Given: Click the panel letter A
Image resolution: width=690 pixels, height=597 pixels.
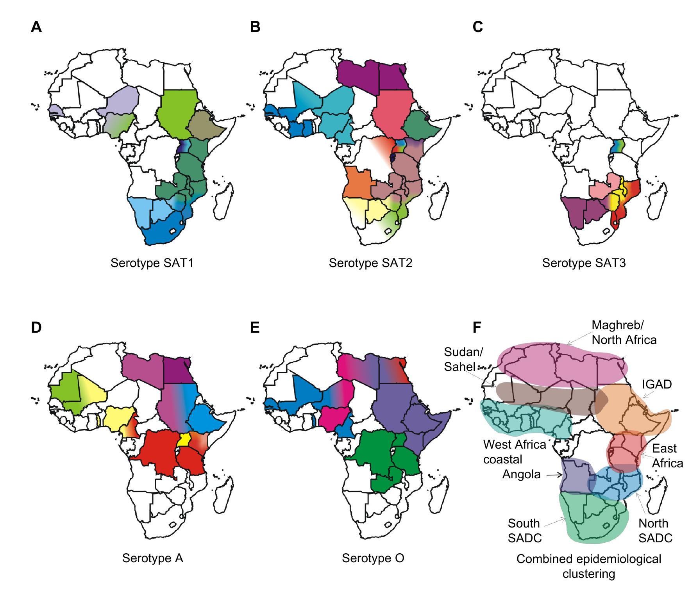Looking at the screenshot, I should click(36, 27).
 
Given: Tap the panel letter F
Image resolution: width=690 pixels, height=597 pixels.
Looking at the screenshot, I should click(477, 328).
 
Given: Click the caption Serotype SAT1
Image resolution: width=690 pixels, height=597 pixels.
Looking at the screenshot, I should click(152, 263).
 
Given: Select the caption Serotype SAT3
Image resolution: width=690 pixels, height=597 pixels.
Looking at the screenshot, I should click(584, 263).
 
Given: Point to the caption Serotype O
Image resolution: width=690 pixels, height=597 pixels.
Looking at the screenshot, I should click(373, 558).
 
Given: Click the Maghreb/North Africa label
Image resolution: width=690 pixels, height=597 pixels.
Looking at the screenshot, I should click(624, 332).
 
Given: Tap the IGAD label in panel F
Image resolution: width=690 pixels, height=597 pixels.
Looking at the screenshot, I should click(657, 384).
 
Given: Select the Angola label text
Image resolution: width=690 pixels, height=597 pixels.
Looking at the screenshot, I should click(522, 474).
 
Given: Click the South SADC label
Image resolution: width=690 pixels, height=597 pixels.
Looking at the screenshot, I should click(524, 530).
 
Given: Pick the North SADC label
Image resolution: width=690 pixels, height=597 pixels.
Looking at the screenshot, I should click(655, 530).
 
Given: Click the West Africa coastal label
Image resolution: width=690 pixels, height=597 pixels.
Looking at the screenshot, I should click(514, 452).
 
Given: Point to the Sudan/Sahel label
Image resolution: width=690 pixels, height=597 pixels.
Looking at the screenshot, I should click(463, 359).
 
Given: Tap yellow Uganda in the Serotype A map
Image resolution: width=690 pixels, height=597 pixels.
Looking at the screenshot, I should click(184, 439).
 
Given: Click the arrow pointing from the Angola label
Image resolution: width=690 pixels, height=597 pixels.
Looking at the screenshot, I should click(554, 475).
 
